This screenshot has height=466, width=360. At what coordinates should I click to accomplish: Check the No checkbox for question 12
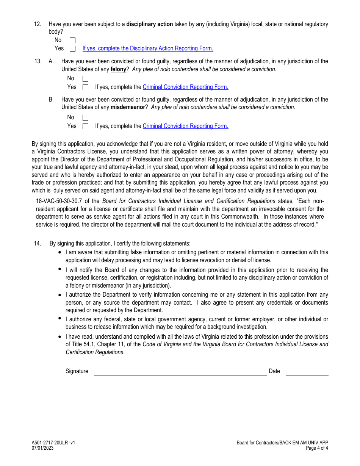(73, 40)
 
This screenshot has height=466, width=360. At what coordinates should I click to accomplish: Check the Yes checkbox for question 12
(73, 48)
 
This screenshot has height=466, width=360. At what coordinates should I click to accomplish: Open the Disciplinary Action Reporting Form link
(148, 48)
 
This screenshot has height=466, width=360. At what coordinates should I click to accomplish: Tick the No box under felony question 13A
(85, 79)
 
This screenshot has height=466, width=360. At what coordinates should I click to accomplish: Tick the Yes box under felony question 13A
(85, 87)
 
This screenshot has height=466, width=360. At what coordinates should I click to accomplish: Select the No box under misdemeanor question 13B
(85, 118)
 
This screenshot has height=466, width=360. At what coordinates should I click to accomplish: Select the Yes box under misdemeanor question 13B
(85, 126)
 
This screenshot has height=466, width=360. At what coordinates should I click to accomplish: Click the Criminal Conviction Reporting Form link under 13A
(185, 87)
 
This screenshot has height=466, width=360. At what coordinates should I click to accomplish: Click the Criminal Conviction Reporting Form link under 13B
(185, 126)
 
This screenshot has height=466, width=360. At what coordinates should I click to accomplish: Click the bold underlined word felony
(118, 69)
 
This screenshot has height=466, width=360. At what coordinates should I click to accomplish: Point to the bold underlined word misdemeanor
(128, 107)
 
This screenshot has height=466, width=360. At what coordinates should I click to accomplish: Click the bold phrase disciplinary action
(149, 24)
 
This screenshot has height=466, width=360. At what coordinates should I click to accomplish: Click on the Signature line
(180, 372)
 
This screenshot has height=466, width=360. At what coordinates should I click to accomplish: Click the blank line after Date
(307, 372)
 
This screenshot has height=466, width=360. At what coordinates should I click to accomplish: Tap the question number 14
(37, 244)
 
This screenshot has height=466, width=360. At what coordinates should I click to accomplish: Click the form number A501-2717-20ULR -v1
(53, 443)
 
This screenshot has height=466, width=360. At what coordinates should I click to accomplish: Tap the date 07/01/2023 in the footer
(42, 448)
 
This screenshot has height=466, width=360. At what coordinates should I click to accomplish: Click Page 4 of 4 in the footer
(317, 448)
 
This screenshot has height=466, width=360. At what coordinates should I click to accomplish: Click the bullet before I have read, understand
(60, 336)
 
